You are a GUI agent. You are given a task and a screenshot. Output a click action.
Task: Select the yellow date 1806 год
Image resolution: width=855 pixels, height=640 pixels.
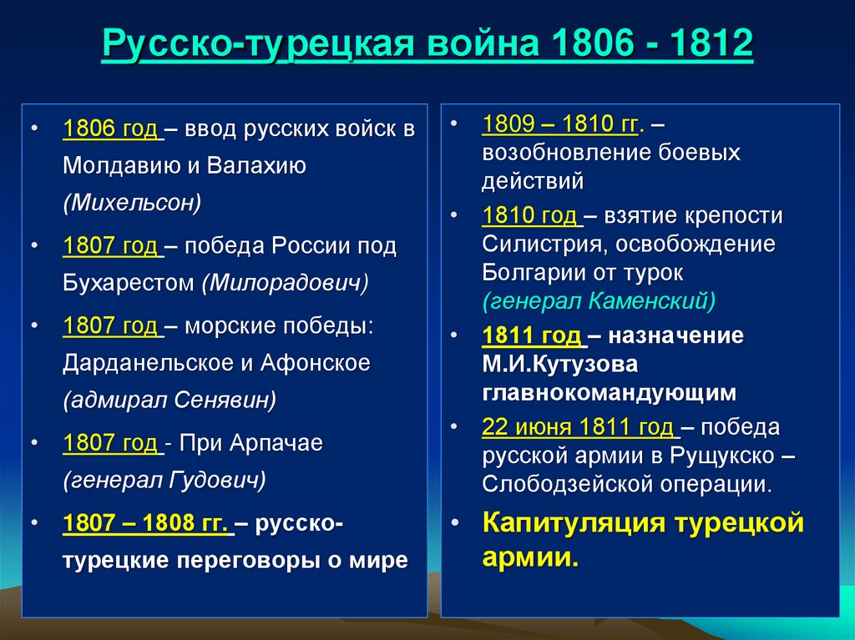[110, 130]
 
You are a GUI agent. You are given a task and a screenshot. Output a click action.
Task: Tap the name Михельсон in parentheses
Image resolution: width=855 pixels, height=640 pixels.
[132, 203]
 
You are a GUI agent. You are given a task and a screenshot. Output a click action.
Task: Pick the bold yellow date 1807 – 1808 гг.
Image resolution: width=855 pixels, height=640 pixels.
[145, 524]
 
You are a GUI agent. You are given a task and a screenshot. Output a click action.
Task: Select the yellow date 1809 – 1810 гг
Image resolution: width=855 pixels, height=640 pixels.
[559, 124]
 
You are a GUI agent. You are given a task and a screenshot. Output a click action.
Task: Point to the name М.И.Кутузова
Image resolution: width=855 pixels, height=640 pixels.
[559, 364]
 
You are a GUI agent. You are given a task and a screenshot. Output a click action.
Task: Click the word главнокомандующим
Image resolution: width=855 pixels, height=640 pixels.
[609, 391]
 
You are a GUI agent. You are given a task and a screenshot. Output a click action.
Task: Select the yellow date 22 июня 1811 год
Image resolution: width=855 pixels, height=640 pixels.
[578, 427]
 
